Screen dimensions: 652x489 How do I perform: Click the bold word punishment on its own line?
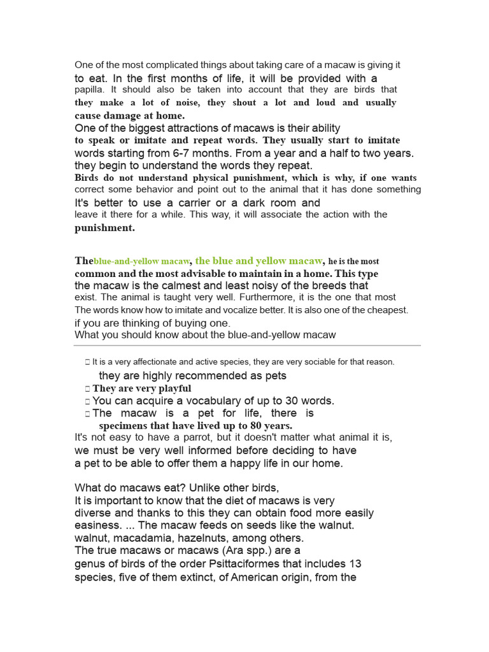tap(104, 227)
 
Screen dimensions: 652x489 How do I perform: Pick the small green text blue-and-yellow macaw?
tap(141, 262)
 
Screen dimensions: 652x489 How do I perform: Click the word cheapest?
tap(386, 310)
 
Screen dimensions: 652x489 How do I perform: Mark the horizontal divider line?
tap(247, 346)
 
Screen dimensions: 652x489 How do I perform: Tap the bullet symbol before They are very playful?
tap(88, 388)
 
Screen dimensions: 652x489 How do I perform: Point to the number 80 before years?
tap(246, 426)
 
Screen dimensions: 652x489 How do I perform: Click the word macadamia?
tap(139, 538)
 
